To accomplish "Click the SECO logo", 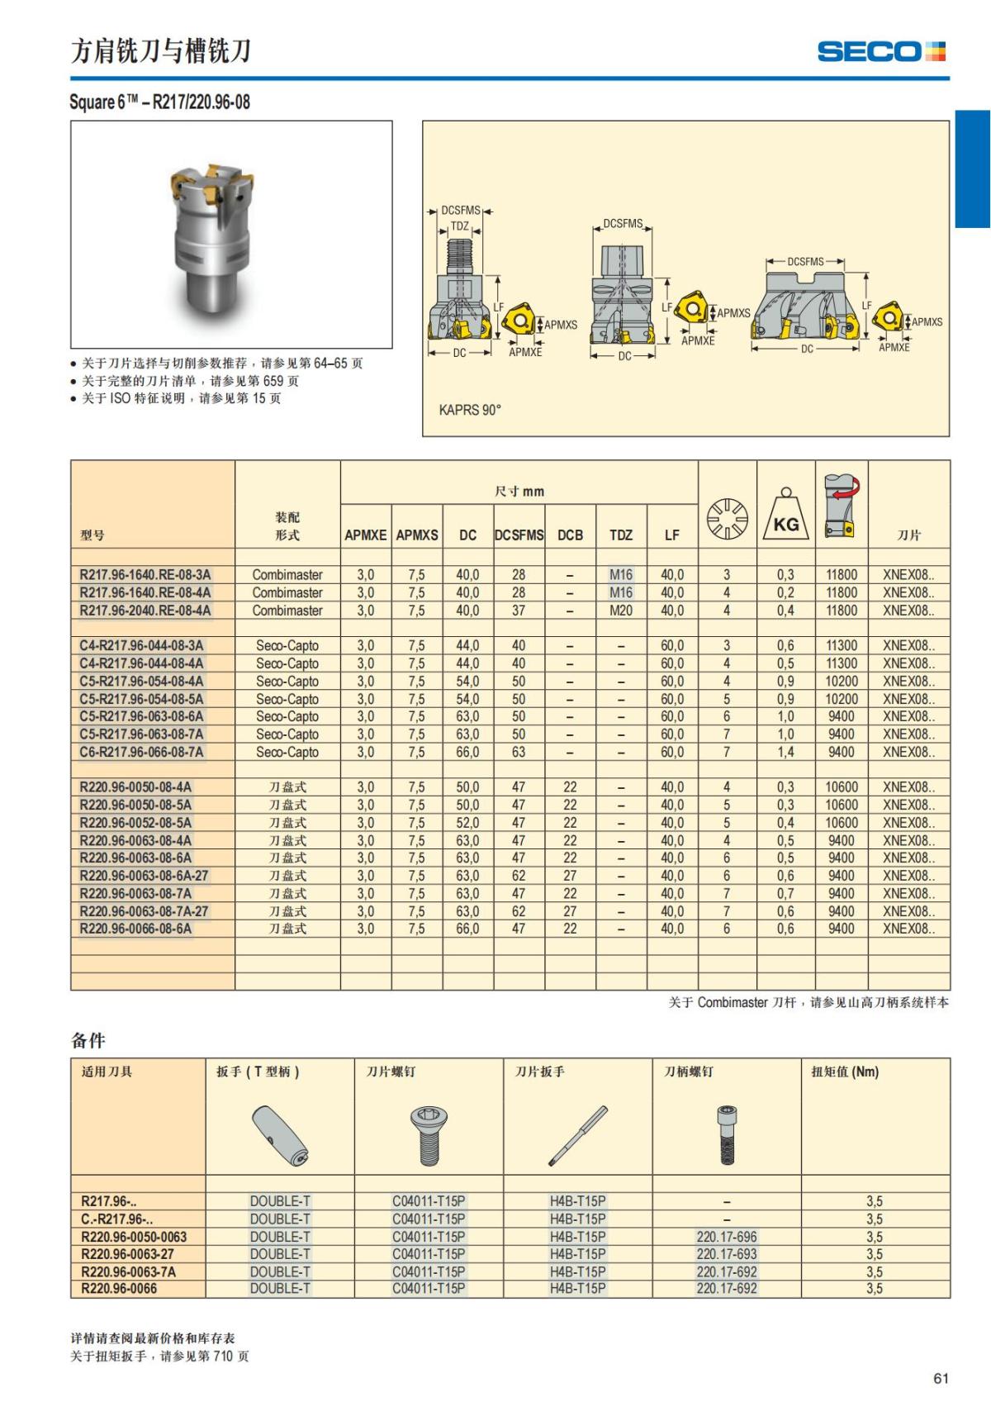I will point(880,51).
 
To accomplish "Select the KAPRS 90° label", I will point(470,410).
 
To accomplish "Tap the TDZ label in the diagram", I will point(460,226).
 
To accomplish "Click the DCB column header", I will point(570,535).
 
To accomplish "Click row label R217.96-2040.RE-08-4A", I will point(145,611).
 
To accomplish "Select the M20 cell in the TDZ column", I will point(621,611).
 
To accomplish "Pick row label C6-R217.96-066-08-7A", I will point(141,752).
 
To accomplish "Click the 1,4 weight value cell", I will point(785,752).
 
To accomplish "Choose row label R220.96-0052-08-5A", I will point(135,823).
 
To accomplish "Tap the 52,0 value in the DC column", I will point(467,823).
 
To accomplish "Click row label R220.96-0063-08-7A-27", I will point(144,911).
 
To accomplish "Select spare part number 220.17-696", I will point(727,1237).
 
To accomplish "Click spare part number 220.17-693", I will point(727,1254).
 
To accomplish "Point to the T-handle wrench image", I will point(280,1135).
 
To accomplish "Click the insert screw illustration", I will point(429,1135).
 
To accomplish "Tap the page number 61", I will point(941,1378).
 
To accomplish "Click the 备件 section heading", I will point(88,1041).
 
